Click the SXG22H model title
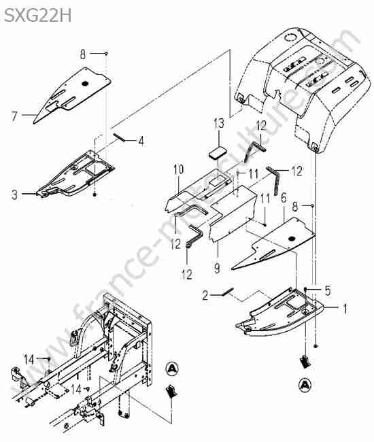tap(37, 16)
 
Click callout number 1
tap(345, 309)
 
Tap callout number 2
tap(205, 296)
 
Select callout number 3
tap(14, 194)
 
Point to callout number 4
tap(141, 141)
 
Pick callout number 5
tap(328, 291)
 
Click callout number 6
tap(284, 198)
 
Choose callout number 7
tap(14, 116)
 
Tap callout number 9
tap(217, 268)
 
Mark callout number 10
tap(178, 170)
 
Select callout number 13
tap(219, 124)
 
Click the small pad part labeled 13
tap(218, 153)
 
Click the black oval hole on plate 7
tap(85, 84)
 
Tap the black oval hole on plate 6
tap(291, 239)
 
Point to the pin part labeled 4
tap(120, 137)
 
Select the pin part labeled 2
tap(227, 291)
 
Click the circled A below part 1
tap(305, 384)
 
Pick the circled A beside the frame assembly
tap(172, 369)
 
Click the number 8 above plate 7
tap(82, 54)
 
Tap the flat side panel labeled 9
tap(233, 214)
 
